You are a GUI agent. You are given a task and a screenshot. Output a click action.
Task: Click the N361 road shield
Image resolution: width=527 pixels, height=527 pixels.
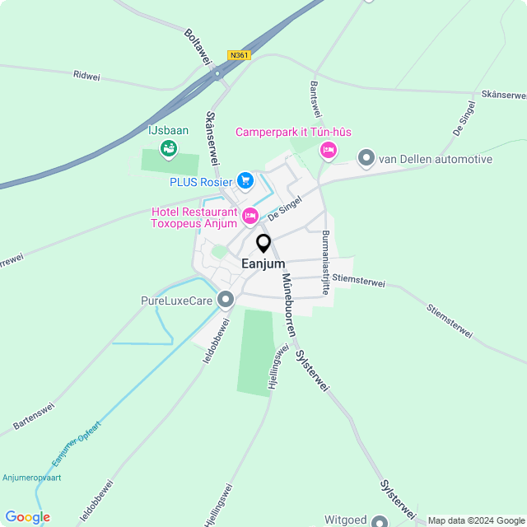(x=239, y=55)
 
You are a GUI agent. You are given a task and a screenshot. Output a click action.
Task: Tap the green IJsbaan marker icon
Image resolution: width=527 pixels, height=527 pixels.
(x=169, y=148)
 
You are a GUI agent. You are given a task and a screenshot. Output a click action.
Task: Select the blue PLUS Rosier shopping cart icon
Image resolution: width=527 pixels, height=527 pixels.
(x=245, y=180)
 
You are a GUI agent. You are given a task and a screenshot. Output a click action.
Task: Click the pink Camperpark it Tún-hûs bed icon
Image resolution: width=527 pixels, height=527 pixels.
(x=329, y=150)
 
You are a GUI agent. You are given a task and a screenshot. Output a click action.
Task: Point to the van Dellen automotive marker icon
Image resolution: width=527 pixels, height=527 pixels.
(x=366, y=157)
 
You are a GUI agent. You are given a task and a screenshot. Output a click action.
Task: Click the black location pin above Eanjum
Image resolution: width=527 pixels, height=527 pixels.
(x=263, y=243)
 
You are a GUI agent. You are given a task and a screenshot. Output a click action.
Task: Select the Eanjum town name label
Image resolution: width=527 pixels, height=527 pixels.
(x=263, y=263)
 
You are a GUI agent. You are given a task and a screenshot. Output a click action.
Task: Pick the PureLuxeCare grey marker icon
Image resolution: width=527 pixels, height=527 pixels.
(x=226, y=301)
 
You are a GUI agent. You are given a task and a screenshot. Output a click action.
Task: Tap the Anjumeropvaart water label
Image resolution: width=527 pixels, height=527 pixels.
(x=30, y=477)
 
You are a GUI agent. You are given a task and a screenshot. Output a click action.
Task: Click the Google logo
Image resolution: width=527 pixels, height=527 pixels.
(x=27, y=517)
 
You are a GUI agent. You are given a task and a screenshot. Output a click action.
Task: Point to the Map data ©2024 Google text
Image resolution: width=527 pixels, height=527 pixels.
(x=476, y=520)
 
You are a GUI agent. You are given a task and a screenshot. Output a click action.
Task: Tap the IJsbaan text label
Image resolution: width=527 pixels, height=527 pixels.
(x=168, y=130)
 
